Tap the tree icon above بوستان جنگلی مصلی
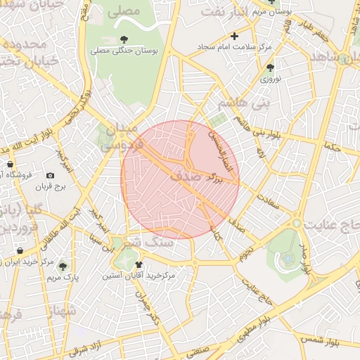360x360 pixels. click(x=124, y=39)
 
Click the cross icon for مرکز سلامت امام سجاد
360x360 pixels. click(x=235, y=35)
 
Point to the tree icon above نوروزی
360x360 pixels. click(x=271, y=67)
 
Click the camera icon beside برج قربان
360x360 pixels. click(x=50, y=175)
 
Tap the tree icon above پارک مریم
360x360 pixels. click(x=63, y=266)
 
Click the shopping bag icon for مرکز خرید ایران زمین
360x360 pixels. click(x=19, y=250)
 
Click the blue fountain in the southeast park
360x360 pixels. click(x=287, y=259)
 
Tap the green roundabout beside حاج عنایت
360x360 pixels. click(x=297, y=224)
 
